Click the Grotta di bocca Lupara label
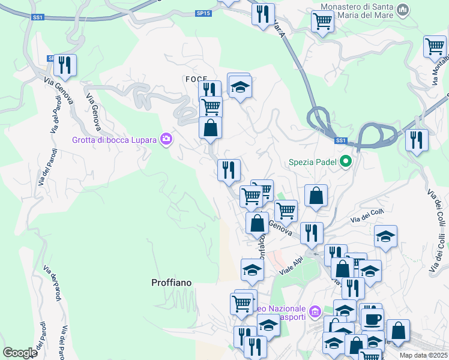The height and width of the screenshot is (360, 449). tap(114, 140)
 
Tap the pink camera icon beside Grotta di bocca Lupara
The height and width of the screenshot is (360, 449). tap(166, 140)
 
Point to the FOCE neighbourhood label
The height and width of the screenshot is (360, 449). tap(196, 79)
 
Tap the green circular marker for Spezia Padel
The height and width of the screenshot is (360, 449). tap(346, 161)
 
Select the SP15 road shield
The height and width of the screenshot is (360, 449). tap(204, 12)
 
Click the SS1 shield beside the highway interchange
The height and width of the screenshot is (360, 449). tap(341, 140)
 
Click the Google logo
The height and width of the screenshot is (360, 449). tap(20, 353)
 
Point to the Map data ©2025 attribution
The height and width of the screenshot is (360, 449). tap(424, 355)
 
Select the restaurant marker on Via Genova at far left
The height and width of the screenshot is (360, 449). tap(65, 64)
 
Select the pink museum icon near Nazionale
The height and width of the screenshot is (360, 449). tap(315, 312)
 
